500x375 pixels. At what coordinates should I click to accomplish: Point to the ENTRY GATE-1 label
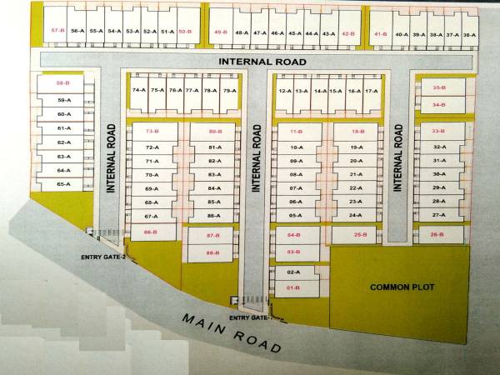click(249, 317)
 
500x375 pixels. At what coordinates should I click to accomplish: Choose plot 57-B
click(58, 30)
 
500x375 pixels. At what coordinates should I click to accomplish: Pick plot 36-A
click(470, 34)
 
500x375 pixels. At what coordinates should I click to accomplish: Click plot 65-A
click(63, 183)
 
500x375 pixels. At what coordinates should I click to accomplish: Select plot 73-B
click(152, 132)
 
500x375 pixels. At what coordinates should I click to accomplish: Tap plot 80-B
click(215, 132)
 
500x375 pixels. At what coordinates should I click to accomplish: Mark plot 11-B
click(296, 132)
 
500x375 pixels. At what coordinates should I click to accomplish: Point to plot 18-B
click(357, 132)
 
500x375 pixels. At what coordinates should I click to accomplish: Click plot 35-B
click(439, 87)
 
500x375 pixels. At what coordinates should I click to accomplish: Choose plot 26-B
click(437, 235)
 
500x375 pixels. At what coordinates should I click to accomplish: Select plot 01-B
click(293, 287)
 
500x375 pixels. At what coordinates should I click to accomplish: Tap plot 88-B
click(212, 252)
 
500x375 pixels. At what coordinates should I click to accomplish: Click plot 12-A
click(284, 90)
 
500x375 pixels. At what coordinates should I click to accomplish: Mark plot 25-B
click(360, 235)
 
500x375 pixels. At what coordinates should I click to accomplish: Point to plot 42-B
click(348, 34)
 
